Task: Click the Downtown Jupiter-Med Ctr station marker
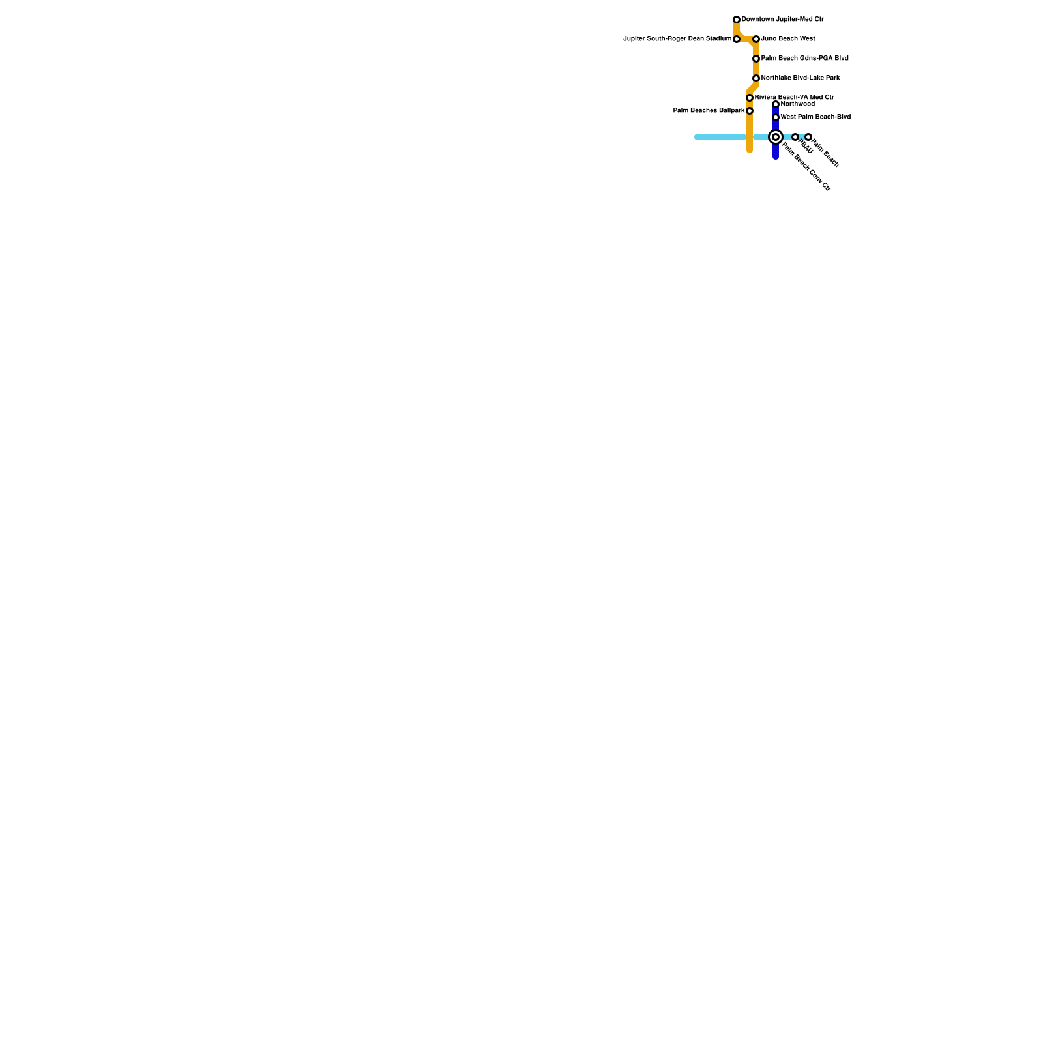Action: (737, 20)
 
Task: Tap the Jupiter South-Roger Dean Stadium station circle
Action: (737, 39)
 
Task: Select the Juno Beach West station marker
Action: (756, 39)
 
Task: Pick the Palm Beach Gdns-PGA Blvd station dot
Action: (756, 59)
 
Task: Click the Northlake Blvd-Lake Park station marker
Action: (756, 78)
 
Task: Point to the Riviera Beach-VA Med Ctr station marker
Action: (750, 98)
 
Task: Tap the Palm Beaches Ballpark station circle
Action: (750, 111)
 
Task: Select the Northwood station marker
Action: (776, 104)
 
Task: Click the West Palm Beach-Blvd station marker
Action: (776, 117)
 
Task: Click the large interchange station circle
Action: (776, 137)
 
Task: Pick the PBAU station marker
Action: (795, 137)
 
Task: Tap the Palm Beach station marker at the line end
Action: (808, 137)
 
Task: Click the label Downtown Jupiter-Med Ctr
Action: (782, 20)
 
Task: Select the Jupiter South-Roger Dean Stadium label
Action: (677, 39)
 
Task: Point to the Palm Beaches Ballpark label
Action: (708, 111)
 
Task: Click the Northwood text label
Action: (797, 104)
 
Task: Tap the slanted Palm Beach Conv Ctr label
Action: (806, 167)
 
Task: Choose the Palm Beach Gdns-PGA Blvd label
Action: (804, 59)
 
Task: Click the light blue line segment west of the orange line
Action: (720, 137)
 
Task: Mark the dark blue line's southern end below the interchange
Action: (776, 155)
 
